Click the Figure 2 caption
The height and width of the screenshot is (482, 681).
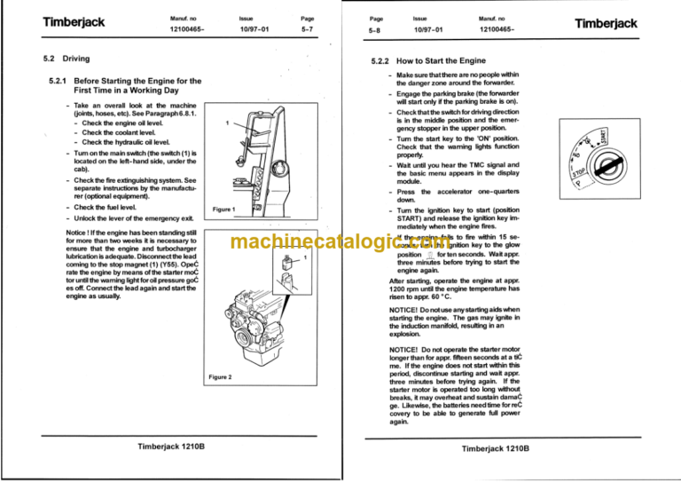[x=220, y=377]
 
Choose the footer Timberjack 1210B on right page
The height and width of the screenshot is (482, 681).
[x=497, y=450]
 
